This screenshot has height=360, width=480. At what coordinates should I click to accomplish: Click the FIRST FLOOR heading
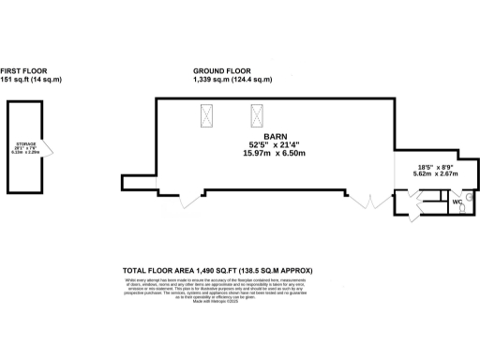[x=22, y=70]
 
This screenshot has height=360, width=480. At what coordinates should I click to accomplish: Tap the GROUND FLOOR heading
[x=221, y=70]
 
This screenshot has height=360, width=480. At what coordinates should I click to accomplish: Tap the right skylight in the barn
[x=256, y=116]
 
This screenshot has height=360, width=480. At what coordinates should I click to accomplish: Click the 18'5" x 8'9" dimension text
[x=436, y=166]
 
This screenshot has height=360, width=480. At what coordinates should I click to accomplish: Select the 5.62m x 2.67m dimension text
[x=436, y=174]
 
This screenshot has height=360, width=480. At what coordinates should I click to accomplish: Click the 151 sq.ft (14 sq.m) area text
[x=31, y=81]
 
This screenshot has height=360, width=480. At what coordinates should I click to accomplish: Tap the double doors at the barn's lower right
[x=369, y=201]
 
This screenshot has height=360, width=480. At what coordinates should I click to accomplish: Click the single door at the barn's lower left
[x=192, y=199]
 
